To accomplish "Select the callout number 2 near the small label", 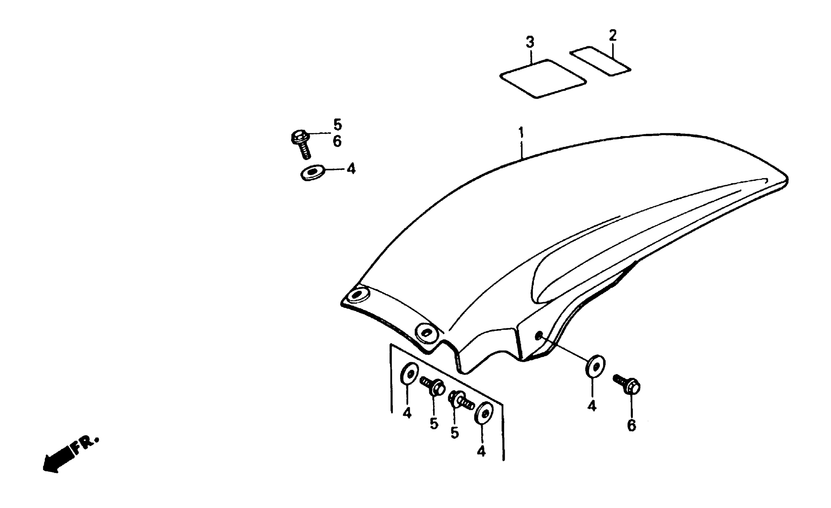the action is [613, 35].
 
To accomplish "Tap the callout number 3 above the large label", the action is [530, 43].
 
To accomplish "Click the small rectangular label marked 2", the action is [600, 61].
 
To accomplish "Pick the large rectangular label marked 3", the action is [543, 79].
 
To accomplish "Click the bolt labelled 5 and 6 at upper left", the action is [301, 144].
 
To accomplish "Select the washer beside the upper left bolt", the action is [312, 173].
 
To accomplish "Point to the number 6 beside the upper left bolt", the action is [337, 142].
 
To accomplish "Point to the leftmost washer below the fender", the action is [410, 374].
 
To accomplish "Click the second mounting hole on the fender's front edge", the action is [427, 333].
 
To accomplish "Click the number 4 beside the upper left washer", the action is [352, 169].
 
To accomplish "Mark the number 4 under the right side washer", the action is [592, 406].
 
